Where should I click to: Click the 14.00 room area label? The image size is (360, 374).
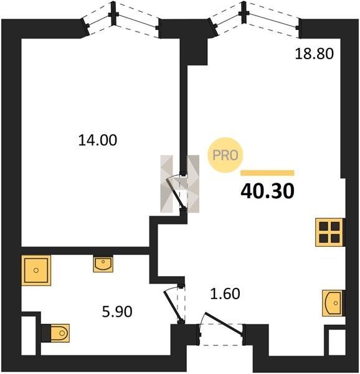pyautogui.click(x=98, y=140)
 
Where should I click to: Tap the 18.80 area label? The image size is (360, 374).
pyautogui.click(x=315, y=54)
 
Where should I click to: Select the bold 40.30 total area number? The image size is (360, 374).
pyautogui.click(x=268, y=191)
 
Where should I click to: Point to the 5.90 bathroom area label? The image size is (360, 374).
pyautogui.click(x=117, y=312)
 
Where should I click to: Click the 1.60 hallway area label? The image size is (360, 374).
pyautogui.click(x=225, y=294)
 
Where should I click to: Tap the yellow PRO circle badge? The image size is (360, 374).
pyautogui.click(x=225, y=155)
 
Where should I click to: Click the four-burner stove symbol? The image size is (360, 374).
pyautogui.click(x=329, y=232)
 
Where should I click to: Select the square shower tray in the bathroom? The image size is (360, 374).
pyautogui.click(x=36, y=271)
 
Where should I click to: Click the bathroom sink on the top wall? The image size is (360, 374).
pyautogui.click(x=103, y=264)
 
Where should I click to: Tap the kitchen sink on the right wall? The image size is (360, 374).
pyautogui.click(x=333, y=303)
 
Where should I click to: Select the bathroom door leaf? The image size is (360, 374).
pyautogui.click(x=173, y=306)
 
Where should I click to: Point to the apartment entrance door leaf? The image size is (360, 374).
pyautogui.click(x=224, y=323)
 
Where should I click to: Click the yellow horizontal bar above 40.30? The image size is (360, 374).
pyautogui.click(x=267, y=173)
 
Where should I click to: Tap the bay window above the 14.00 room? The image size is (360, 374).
pyautogui.click(x=120, y=19)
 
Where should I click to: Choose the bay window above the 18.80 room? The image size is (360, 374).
pyautogui.click(x=255, y=19)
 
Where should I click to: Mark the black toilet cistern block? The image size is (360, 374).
pyautogui.click(x=45, y=333)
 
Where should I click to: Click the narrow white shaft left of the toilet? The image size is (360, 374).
pyautogui.click(x=29, y=335)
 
